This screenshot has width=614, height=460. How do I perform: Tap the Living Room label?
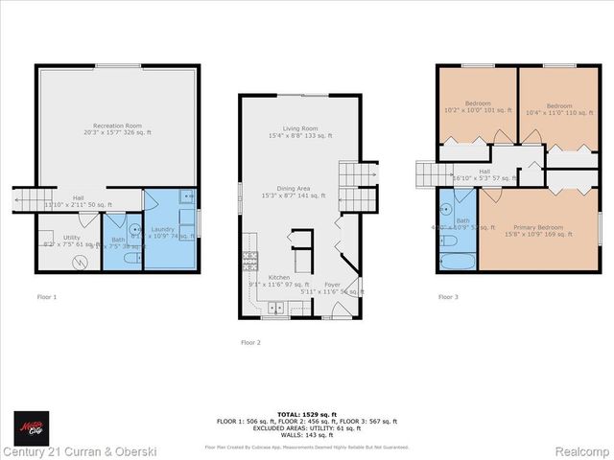click(299, 128)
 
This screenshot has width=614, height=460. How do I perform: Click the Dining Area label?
click(299, 190)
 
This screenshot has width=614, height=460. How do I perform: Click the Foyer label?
click(331, 285)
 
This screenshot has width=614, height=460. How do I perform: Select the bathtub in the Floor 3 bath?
click(450, 260)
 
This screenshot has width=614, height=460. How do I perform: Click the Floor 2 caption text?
click(250, 342)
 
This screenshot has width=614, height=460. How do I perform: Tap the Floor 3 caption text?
click(448, 297)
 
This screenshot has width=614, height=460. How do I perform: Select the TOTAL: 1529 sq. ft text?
click(306, 413)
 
